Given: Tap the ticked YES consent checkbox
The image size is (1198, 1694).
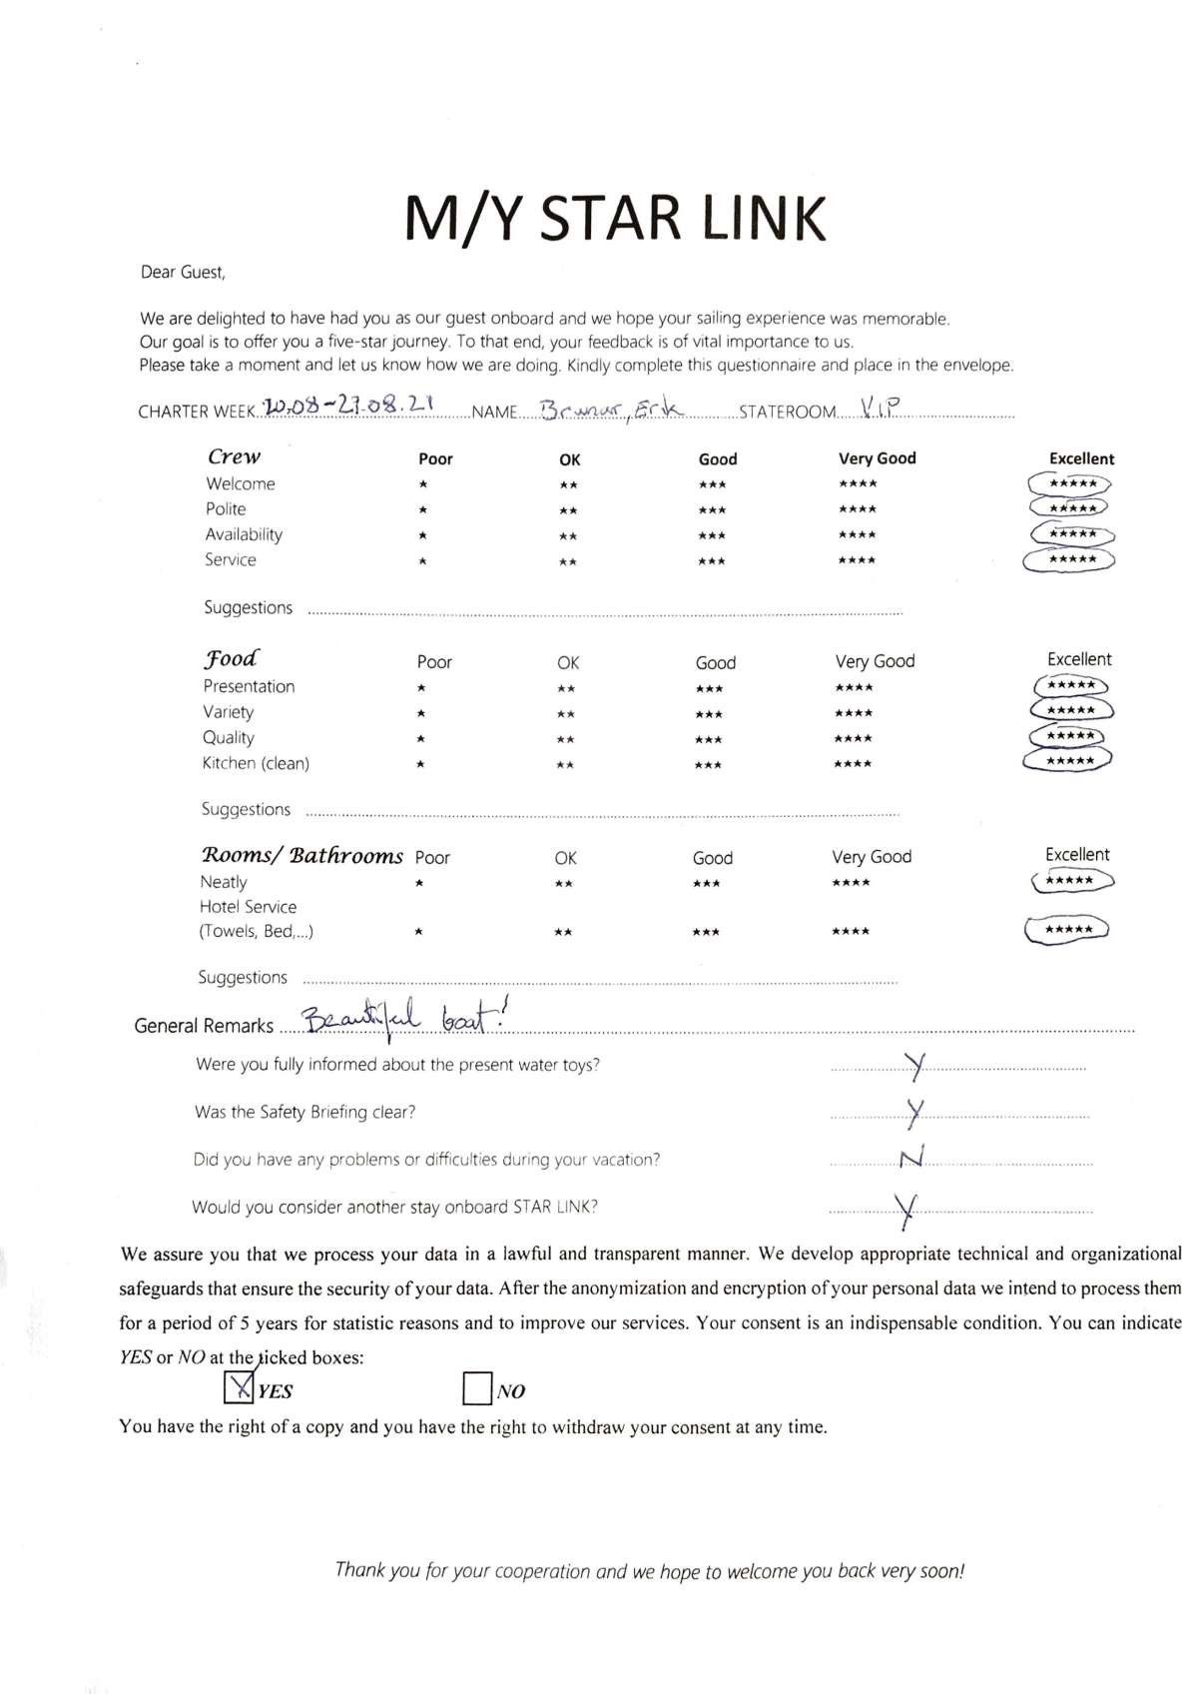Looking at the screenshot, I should [239, 1388].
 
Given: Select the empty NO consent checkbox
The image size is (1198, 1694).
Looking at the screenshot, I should [477, 1388].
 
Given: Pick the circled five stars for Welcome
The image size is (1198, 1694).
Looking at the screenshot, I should [1068, 483].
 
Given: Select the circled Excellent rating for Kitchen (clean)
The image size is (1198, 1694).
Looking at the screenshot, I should [1067, 761].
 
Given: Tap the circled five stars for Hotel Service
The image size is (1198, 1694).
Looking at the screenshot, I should [1067, 930].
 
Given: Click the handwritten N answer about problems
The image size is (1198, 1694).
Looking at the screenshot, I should [910, 1158].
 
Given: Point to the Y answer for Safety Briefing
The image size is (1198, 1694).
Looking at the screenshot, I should [914, 1111].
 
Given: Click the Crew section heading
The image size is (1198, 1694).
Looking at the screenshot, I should [234, 457].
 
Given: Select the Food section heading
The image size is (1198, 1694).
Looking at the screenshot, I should [231, 659].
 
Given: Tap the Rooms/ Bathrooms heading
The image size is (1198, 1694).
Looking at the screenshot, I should [302, 856].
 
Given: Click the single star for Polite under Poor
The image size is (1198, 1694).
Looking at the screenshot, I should [423, 510].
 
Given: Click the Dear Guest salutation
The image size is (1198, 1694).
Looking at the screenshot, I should [183, 272].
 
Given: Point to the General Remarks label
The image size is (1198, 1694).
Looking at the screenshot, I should [204, 1026].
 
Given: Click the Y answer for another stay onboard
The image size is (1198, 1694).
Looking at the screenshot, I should [906, 1209].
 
